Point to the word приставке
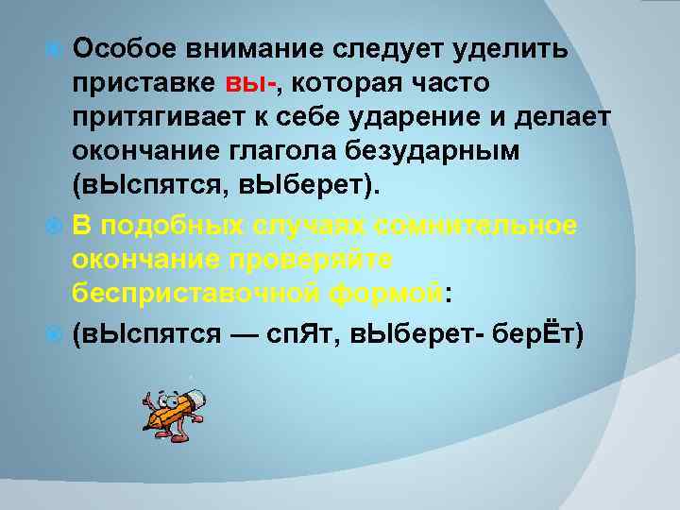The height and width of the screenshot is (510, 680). coord(144,83)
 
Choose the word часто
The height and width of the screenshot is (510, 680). coord(446,83)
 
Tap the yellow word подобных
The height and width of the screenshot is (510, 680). coord(175,226)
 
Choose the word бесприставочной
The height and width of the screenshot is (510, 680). coord(185,294)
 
